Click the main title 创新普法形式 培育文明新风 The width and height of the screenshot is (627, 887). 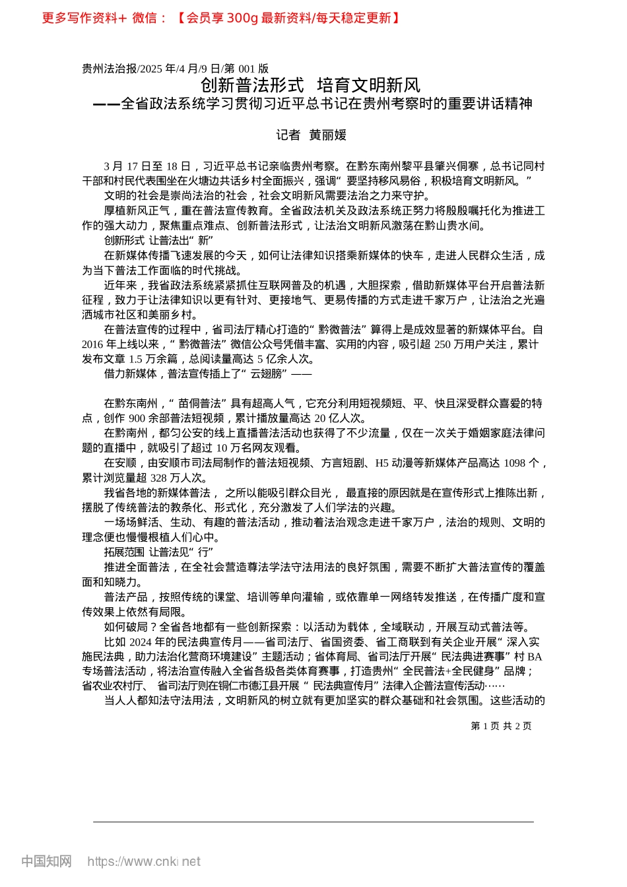tap(310, 85)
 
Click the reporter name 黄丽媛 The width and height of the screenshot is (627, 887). tap(328, 135)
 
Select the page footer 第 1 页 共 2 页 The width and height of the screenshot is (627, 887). tap(501, 726)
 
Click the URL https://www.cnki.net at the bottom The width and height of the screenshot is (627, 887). tap(144, 861)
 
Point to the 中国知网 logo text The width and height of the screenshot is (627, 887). tap(46, 861)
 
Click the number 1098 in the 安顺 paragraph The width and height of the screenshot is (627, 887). tap(514, 463)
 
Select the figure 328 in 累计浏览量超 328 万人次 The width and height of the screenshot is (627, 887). tap(159, 478)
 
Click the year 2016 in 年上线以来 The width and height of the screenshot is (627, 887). tap(93, 345)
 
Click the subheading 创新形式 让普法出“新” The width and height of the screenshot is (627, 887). tap(158, 241)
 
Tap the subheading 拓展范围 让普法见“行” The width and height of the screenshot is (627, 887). tap(158, 552)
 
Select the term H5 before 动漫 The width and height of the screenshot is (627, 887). tap(382, 463)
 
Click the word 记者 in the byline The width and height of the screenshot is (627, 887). tap(288, 135)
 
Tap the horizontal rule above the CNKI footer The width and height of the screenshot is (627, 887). tap(313, 822)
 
